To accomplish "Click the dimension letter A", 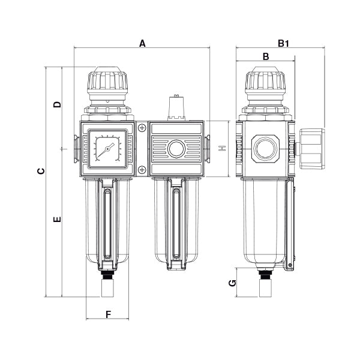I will [x=142, y=43].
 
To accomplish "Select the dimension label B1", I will [x=284, y=43].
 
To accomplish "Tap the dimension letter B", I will [x=266, y=56].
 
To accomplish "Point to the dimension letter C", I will [x=41, y=172].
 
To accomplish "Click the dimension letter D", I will [x=57, y=104].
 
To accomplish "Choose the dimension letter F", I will [x=109, y=314].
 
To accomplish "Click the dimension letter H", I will [x=221, y=148].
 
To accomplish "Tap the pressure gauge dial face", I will [x=108, y=148].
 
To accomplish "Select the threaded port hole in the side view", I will [x=265, y=148].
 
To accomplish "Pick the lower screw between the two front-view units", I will [x=141, y=170].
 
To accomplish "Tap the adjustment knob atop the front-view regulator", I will [x=108, y=81].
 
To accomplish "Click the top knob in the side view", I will [x=265, y=81].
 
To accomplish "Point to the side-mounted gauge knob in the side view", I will [x=311, y=148].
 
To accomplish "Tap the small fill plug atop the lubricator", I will [x=176, y=106].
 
